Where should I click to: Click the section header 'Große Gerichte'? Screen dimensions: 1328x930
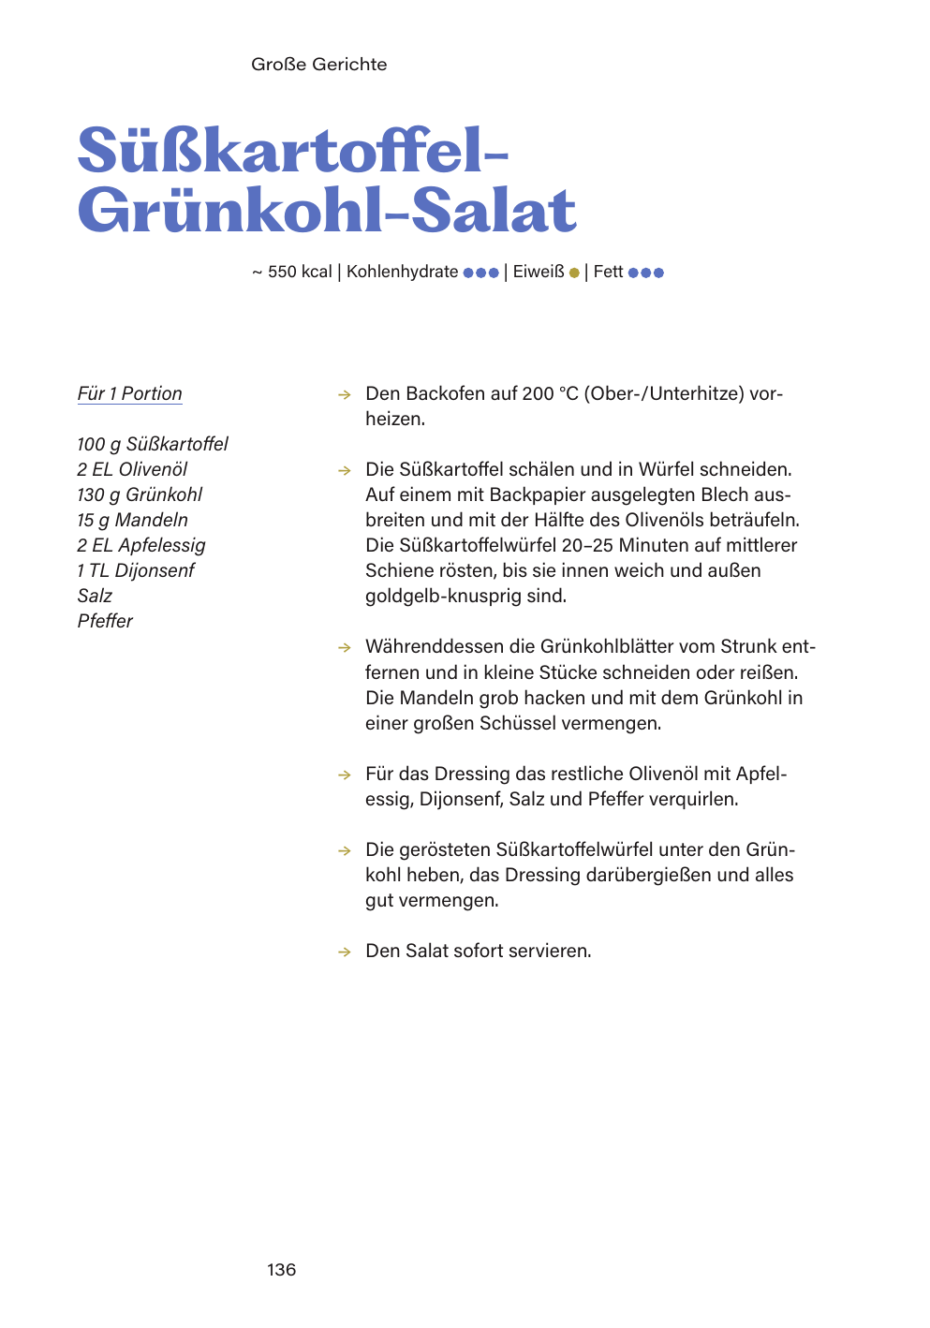318,65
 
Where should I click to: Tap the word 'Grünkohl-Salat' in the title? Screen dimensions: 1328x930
327,211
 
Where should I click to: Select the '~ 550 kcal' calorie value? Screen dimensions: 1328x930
292,272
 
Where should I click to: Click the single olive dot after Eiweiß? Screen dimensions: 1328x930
574,273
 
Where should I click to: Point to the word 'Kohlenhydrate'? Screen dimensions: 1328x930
402,272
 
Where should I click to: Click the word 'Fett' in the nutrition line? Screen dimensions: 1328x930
608,272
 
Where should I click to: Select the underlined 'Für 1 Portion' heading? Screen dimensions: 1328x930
129,394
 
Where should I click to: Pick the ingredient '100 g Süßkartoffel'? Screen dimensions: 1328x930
152,444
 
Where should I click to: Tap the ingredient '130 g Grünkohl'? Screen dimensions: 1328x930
140,494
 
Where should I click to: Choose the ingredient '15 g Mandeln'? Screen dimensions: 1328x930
132,520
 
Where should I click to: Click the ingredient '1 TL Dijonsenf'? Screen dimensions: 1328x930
136,570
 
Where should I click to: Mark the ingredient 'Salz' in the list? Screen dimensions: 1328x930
95,596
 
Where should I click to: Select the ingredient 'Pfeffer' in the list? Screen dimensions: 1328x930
105,621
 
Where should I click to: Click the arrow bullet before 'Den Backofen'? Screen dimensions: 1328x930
345,395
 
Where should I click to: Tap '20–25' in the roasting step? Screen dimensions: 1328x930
587,545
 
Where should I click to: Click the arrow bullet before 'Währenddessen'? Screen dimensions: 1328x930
345,648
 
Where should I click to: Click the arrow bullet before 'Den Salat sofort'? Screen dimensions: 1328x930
345,952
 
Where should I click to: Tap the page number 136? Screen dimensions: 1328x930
281,1270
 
